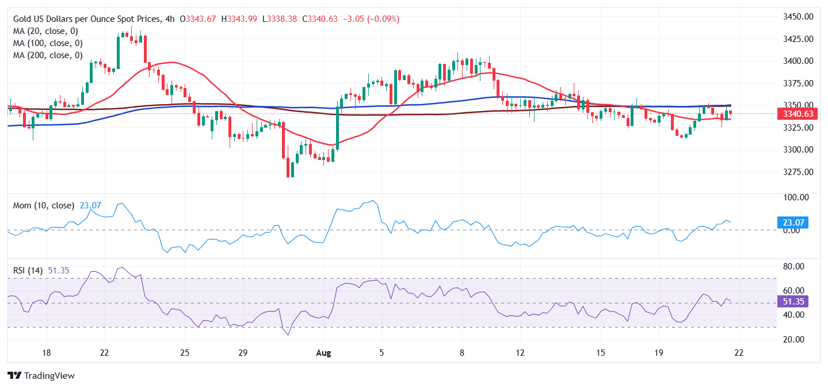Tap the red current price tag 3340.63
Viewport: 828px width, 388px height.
[x=797, y=114]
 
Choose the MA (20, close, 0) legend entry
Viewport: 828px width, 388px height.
[x=45, y=31]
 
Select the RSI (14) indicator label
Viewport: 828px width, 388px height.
[x=29, y=270]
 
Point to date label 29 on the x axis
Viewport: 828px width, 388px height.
[x=242, y=352]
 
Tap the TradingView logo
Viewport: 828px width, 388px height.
[x=41, y=376]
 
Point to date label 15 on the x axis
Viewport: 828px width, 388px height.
[x=600, y=352]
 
